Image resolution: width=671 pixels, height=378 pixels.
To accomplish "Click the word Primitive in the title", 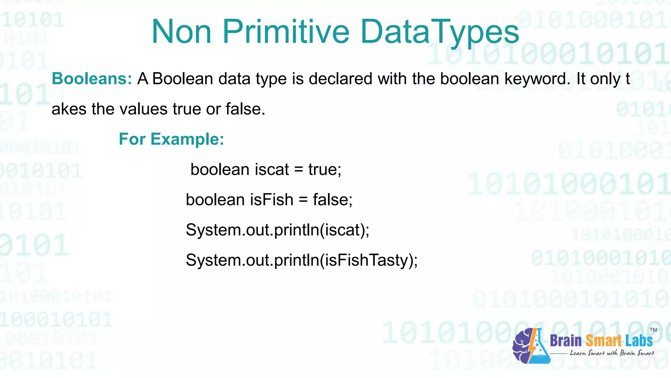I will [x=286, y=32].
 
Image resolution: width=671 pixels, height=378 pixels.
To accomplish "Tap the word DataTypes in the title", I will [x=440, y=32].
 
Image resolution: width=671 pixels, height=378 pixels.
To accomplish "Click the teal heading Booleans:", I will [x=92, y=79].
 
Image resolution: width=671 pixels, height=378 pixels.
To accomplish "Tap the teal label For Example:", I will [x=171, y=139].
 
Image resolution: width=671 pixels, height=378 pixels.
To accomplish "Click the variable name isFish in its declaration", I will [x=272, y=200].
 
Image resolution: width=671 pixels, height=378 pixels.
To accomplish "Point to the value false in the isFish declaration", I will [x=332, y=200].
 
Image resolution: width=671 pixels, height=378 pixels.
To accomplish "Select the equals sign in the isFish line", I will [x=303, y=200].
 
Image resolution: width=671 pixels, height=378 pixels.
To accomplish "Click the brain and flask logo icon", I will [x=531, y=346].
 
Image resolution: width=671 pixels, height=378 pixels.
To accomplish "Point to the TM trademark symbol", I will [x=653, y=330].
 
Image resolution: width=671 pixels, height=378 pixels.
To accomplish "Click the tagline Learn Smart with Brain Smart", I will [x=612, y=353].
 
